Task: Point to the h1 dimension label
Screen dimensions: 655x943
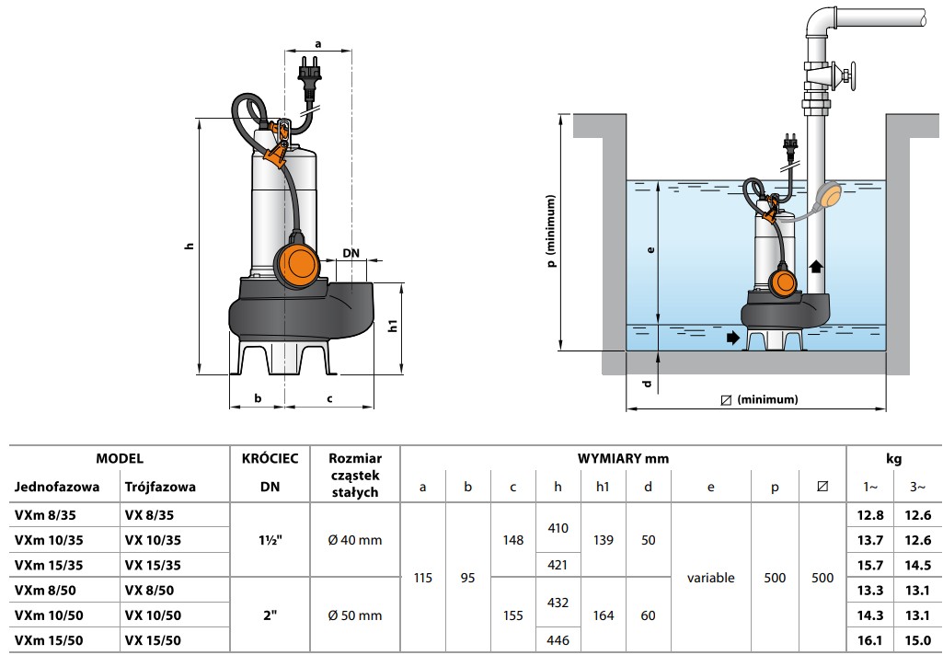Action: coord(393,327)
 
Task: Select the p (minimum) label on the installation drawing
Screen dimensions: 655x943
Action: coord(552,231)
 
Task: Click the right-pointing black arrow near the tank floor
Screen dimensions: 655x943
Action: coord(732,338)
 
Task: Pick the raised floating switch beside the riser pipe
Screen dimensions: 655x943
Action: coord(829,195)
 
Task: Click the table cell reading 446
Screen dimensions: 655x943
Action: coord(558,640)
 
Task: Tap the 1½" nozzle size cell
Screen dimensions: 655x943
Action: coord(270,540)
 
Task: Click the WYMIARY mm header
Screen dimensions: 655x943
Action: coord(623,458)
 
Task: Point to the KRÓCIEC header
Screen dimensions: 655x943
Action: coord(270,458)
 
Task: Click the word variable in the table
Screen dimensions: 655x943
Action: coord(710,578)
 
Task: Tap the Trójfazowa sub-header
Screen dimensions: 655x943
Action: coord(160,487)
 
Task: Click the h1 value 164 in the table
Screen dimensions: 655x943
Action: coord(603,615)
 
